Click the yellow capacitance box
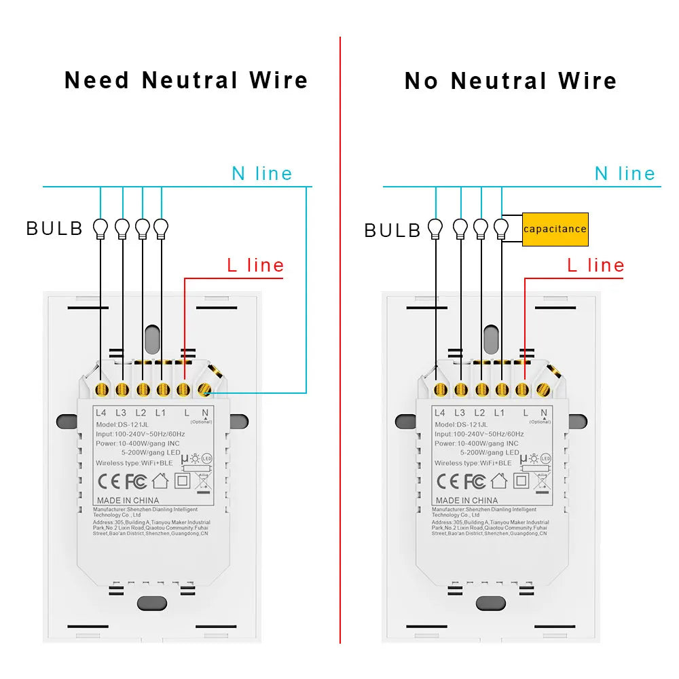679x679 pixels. point(555,229)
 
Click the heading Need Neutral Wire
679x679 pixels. point(186,80)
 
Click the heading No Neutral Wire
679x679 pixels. point(511,81)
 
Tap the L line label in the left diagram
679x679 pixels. point(255,265)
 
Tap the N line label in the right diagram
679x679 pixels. point(625,174)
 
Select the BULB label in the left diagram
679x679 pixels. point(54,229)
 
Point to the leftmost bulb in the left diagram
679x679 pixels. point(101,228)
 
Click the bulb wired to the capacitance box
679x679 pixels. point(502,228)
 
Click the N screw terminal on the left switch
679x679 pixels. point(204,390)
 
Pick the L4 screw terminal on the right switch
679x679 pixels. point(440,390)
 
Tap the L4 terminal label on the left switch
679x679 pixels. point(100,412)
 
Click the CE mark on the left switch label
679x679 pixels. point(109,481)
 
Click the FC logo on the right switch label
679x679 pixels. point(475,481)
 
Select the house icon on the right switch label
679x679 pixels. point(499,481)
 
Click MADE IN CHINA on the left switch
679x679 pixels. point(127,500)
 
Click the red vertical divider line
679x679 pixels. point(339,339)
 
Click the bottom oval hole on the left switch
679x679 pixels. point(152,604)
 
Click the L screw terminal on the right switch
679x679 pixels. point(522,390)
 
